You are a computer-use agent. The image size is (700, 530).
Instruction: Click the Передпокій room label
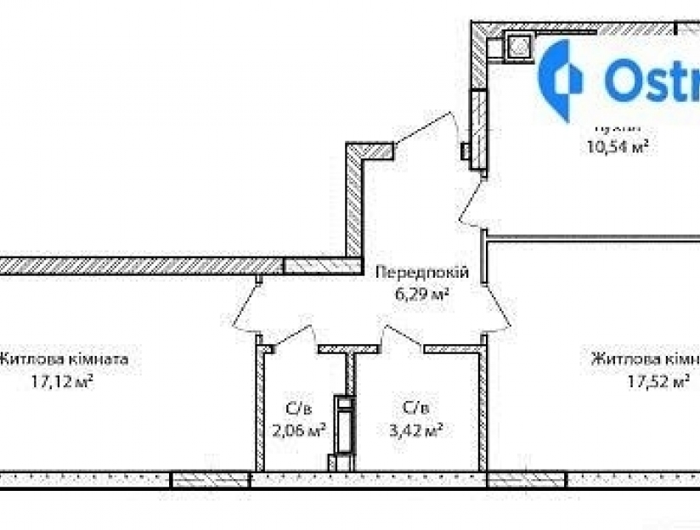click(422, 273)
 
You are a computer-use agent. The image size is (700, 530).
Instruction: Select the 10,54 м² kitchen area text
click(618, 146)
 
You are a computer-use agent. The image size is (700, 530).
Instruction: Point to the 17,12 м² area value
click(62, 381)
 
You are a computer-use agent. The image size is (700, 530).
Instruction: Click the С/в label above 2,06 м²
click(297, 407)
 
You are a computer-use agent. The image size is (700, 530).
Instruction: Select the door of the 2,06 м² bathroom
click(293, 335)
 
